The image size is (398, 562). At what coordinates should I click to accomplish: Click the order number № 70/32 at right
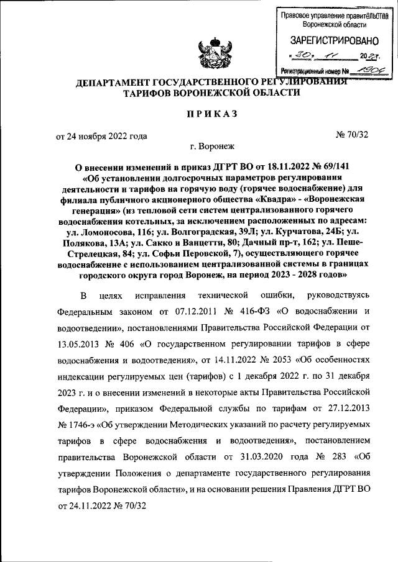(353, 135)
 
